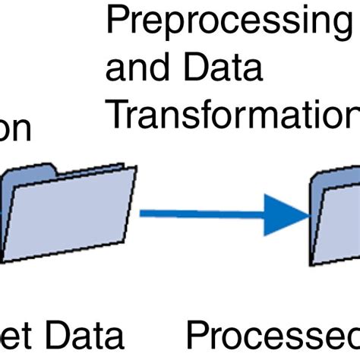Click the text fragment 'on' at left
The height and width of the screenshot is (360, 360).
(x=15, y=131)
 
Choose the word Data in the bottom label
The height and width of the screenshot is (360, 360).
(x=84, y=336)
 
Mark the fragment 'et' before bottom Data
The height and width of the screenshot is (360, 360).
(x=15, y=336)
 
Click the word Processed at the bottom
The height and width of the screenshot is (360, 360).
(x=273, y=336)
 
